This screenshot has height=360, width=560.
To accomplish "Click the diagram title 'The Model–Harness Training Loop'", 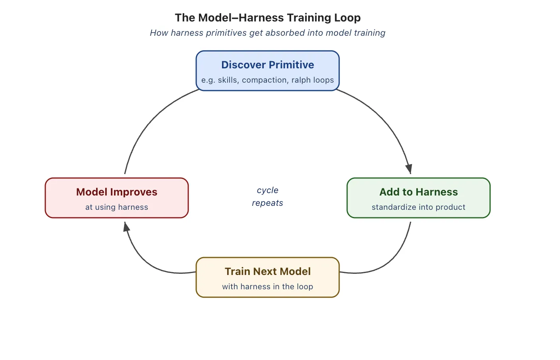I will (x=268, y=18).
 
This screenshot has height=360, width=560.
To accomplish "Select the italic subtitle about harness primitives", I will (x=268, y=33).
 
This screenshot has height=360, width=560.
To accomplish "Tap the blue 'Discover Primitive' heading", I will (x=268, y=65).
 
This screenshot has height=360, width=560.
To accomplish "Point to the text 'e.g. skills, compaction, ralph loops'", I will (x=268, y=80).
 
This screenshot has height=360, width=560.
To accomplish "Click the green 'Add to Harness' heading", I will (x=419, y=192).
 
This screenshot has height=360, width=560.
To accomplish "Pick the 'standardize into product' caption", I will (x=419, y=207).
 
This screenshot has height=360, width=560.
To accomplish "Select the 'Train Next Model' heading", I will (x=268, y=271).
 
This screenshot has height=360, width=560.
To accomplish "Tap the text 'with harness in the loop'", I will (x=268, y=287).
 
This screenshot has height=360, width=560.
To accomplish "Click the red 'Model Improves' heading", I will (x=117, y=192).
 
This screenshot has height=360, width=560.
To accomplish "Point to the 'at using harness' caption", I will (x=117, y=207).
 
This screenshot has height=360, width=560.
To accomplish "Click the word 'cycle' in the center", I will (x=268, y=190).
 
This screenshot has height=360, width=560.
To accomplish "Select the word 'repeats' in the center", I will (x=268, y=203).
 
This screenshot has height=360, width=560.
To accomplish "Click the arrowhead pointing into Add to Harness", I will (x=409, y=168).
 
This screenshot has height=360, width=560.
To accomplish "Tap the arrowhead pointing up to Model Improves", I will (x=126, y=227).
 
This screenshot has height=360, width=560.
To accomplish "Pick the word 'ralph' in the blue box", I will (x=301, y=80).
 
